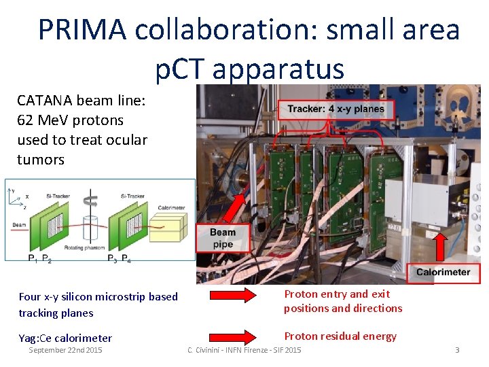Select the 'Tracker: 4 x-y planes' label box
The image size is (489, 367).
(336, 109)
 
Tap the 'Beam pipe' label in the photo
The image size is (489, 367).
(222, 239)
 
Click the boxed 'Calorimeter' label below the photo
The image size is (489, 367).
(443, 272)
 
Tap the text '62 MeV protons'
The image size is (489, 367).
(71, 120)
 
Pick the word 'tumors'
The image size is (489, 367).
(41, 160)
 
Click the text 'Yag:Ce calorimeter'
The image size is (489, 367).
(65, 338)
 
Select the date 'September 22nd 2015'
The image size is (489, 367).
(65, 350)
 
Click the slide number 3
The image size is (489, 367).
(457, 350)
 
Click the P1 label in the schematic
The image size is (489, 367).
(32, 258)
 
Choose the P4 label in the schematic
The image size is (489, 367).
(126, 258)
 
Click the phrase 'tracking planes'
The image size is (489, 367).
(56, 313)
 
